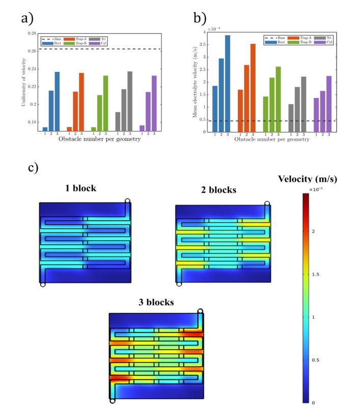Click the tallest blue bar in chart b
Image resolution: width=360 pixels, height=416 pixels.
coord(228,84)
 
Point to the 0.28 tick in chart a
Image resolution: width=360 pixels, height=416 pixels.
coord(32,34)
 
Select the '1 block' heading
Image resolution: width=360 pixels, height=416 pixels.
coord(81,188)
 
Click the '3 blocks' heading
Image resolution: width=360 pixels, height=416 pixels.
coord(156,302)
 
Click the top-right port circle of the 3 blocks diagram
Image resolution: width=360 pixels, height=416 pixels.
coord(201,311)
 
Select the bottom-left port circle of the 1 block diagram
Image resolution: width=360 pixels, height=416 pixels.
coord(43,284)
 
